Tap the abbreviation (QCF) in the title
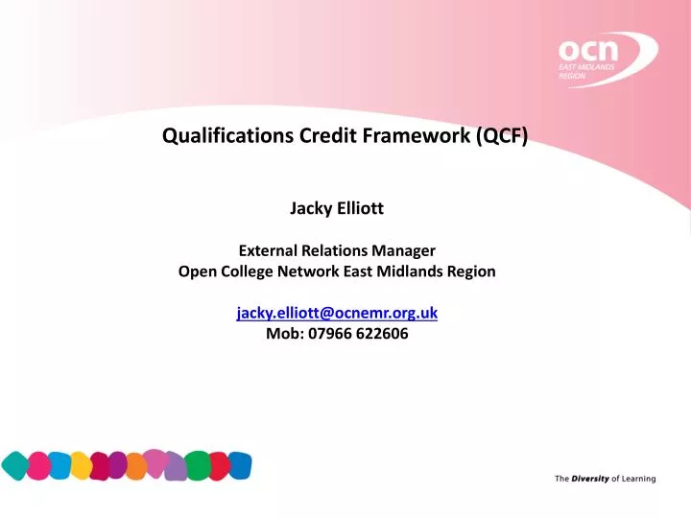[499, 136]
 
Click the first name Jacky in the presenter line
[311, 205]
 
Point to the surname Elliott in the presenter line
[364, 205]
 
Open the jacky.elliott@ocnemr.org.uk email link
[337, 314]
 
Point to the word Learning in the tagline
[638, 479]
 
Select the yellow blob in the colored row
[83, 466]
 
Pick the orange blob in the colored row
[136, 466]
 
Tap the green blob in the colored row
[198, 466]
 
